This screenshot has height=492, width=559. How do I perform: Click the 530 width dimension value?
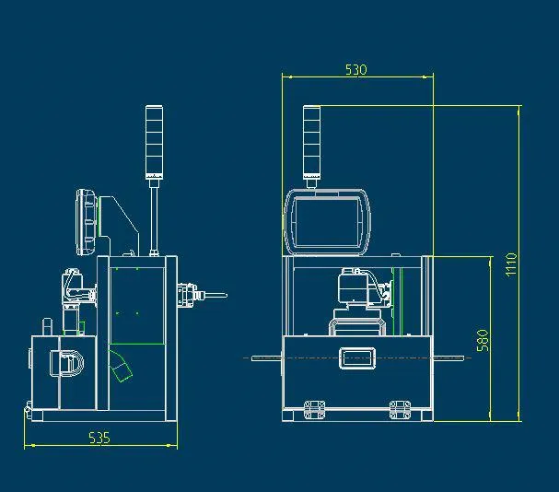pos(356,70)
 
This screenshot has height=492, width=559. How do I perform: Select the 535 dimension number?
pos(99,438)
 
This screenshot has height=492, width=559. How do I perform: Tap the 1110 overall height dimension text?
pos(511,265)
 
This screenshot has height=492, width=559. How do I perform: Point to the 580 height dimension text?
pos(483,340)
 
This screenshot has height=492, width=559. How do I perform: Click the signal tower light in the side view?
pos(154,143)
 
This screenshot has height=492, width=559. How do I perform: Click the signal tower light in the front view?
pos(312,143)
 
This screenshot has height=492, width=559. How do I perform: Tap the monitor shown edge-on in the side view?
pos(87,222)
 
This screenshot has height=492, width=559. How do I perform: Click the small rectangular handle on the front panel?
pos(356,357)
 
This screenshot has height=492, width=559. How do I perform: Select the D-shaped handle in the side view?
pos(73,362)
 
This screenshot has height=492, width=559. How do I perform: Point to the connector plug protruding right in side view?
pos(198,296)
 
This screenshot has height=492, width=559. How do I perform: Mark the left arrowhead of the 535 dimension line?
pos(26,446)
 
